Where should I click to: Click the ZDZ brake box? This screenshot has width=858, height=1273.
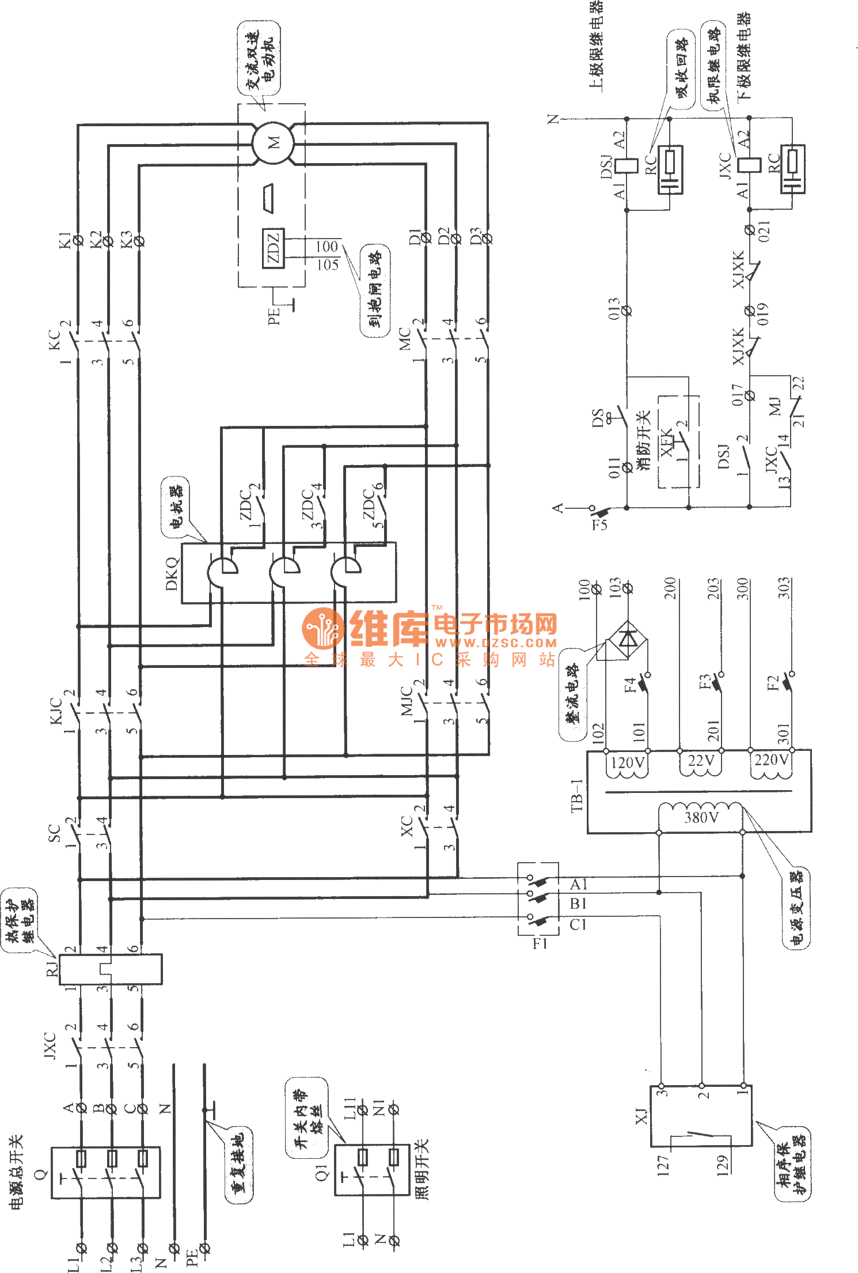(273, 248)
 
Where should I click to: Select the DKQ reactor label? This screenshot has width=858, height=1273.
(172, 573)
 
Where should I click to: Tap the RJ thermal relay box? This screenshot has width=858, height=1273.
(111, 969)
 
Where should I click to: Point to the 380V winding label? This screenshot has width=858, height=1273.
(701, 817)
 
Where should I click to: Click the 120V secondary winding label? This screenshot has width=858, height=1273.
(627, 763)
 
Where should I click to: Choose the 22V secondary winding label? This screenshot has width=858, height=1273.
(701, 761)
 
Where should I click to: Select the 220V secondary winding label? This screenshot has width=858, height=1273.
(771, 760)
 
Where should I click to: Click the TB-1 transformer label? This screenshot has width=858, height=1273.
(577, 795)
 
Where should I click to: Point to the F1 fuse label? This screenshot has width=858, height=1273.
(540, 943)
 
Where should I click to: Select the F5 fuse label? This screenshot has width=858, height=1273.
(599, 524)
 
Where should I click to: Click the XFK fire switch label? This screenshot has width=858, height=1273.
(666, 442)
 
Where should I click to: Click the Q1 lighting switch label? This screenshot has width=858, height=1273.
(321, 1172)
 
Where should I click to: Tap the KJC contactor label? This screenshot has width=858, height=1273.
(56, 711)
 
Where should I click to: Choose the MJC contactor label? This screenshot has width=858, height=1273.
(407, 701)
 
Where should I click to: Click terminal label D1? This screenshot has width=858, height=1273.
(415, 236)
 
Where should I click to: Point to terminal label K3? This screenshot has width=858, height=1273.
(126, 240)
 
